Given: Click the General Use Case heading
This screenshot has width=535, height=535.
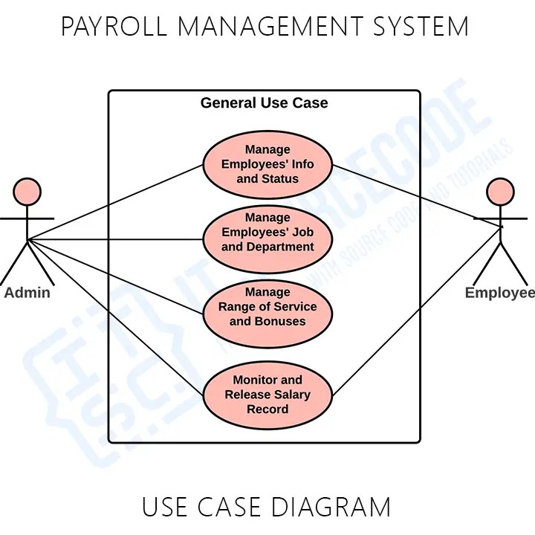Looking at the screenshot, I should tap(264, 103).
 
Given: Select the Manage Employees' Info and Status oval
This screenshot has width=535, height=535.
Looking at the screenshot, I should tap(267, 165).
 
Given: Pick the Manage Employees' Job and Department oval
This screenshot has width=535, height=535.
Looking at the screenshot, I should tap(267, 239).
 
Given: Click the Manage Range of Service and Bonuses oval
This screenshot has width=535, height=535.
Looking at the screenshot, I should tap(267, 314).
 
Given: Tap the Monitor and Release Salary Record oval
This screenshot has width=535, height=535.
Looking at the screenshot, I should tap(267, 395).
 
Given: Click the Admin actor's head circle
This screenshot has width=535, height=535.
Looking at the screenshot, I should tap(27, 192).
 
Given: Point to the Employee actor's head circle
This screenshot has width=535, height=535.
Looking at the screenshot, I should tap(500, 192).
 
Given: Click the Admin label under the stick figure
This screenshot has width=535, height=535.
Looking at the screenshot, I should tap(27, 293).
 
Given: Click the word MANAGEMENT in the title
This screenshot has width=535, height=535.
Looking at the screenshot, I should tap(268, 27).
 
